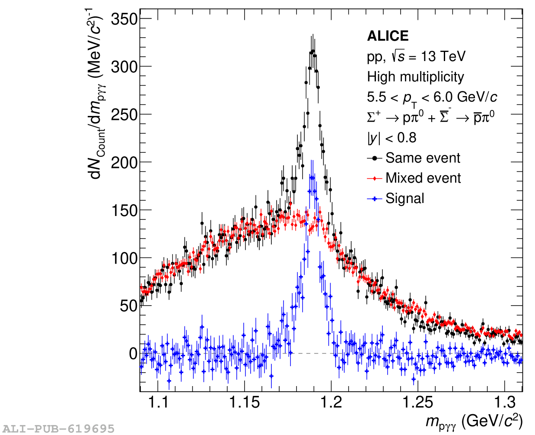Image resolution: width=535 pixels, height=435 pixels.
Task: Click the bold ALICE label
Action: [x=388, y=36]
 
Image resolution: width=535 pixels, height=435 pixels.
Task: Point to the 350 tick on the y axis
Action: [x=124, y=19]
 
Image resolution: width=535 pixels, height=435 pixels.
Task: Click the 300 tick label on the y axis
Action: [x=124, y=67]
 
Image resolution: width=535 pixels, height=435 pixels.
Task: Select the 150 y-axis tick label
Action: [x=124, y=210]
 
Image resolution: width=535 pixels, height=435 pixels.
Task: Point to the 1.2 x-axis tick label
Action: [x=331, y=403]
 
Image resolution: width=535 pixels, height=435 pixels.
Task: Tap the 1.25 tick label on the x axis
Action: [x=418, y=403]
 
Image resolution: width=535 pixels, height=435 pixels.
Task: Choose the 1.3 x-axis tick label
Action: [x=505, y=403]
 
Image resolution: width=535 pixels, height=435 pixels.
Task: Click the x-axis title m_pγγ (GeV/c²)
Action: [x=474, y=421]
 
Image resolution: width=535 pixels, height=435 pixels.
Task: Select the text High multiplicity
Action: [x=415, y=77]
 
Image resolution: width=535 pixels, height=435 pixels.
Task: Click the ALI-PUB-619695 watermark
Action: [x=57, y=429]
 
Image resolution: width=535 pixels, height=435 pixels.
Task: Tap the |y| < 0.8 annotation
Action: [x=392, y=138]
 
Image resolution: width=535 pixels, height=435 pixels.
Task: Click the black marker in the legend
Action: [x=375, y=158]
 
